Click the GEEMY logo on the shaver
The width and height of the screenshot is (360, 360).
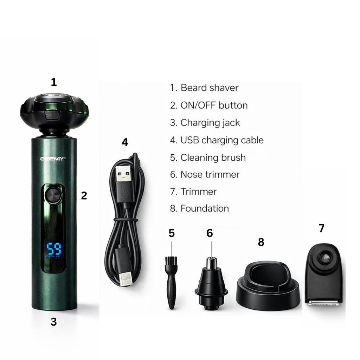(53, 159)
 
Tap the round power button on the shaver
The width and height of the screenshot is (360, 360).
(53, 195)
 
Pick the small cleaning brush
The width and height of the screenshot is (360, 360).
(171, 281)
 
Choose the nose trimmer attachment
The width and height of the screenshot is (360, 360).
(211, 287)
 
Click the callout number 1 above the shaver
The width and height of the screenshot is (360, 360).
(53, 82)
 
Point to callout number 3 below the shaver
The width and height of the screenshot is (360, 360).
(53, 322)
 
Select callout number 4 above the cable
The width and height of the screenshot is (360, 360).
(125, 142)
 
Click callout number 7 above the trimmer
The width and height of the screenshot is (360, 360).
(321, 228)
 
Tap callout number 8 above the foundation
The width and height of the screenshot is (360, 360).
(261, 242)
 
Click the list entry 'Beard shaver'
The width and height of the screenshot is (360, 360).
(209, 88)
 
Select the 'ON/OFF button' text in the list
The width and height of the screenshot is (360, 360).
(214, 105)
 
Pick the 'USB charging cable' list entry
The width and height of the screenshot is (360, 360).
(221, 140)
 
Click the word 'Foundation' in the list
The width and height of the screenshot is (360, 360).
(204, 208)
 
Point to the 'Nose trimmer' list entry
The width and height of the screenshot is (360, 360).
(210, 174)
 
